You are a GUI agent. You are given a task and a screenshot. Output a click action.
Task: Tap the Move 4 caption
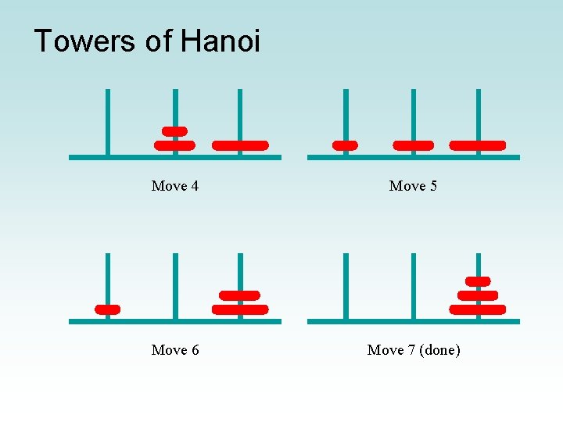[x=175, y=186]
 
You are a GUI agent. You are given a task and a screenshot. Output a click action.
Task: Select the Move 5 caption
[x=413, y=186]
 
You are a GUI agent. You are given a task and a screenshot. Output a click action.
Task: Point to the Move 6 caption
[x=175, y=350]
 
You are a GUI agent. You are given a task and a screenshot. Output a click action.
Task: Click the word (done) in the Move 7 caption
[x=440, y=350]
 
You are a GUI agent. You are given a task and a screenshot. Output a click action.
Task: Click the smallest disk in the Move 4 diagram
[x=174, y=131]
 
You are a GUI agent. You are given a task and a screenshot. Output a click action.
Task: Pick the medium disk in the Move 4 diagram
[x=174, y=145]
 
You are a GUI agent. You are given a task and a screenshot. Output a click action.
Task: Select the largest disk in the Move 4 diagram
[x=240, y=145]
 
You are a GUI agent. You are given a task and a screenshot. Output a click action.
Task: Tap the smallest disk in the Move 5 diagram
[x=345, y=145]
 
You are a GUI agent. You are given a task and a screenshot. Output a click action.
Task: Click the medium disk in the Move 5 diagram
[x=413, y=145]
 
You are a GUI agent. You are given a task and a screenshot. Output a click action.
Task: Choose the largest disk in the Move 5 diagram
[x=478, y=145]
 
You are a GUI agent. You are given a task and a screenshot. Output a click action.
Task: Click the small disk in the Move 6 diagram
[x=107, y=309]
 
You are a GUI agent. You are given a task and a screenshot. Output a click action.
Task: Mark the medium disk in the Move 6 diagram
[x=240, y=295]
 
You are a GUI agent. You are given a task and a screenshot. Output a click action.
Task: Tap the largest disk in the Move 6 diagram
[x=240, y=309]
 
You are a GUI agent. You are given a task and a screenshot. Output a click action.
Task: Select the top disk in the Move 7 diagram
[x=478, y=281]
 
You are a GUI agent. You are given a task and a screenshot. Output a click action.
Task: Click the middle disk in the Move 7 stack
[x=478, y=295]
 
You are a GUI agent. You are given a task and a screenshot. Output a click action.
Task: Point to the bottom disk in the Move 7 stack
[x=478, y=309]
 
